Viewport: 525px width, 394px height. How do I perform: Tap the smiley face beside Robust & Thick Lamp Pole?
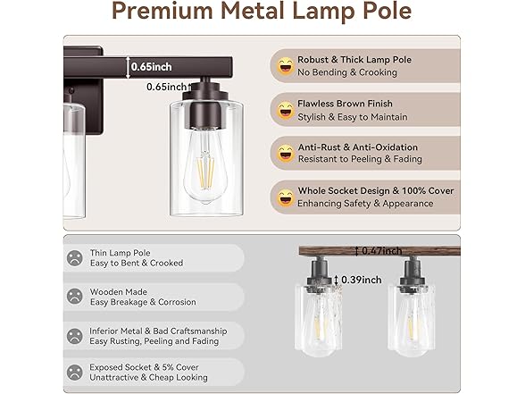point(286,65)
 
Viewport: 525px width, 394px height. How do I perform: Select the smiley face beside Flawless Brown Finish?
point(286,110)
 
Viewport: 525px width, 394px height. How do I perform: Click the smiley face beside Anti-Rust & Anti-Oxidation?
point(286,153)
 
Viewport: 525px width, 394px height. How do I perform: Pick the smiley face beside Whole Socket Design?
point(286,197)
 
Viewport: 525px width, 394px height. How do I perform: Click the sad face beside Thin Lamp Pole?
point(74,258)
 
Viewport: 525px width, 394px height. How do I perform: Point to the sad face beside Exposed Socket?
point(74,372)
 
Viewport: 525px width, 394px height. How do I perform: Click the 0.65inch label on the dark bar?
point(152,65)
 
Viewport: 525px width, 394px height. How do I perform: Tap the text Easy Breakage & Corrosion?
point(143,303)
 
